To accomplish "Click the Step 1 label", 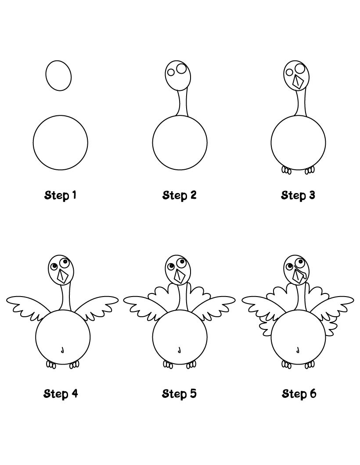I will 61,195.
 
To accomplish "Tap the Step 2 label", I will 179,195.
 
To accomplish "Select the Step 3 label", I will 298,195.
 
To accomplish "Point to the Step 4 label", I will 61,393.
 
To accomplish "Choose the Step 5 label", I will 179,393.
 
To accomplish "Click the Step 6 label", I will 299,393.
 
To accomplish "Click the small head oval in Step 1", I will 58,75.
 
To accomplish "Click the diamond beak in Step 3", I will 299,82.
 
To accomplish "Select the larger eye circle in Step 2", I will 181,68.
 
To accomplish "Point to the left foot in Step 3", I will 287,170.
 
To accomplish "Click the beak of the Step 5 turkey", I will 179,275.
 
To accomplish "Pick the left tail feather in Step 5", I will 159,294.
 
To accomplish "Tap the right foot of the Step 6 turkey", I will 310,364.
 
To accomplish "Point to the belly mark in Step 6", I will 298,350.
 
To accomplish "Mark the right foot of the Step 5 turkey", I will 192,364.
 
